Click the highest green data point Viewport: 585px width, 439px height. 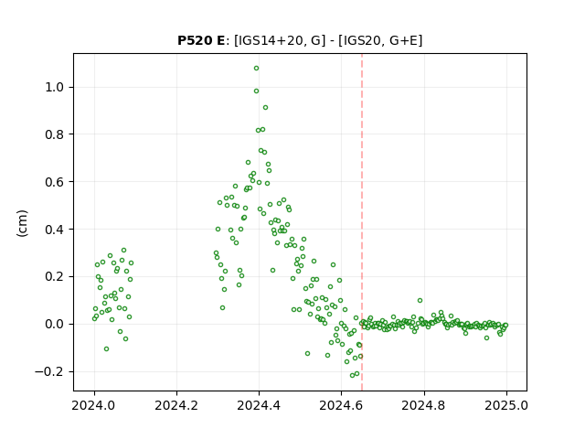pyautogui.click(x=256, y=69)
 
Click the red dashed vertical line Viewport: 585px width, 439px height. pyautogui.click(x=362, y=222)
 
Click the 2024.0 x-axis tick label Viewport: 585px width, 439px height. pyautogui.click(x=94, y=405)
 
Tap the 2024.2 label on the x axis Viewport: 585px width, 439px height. pyautogui.click(x=176, y=405)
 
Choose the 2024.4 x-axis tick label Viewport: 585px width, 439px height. pyautogui.click(x=259, y=405)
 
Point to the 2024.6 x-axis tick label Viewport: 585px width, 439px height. pyautogui.click(x=341, y=405)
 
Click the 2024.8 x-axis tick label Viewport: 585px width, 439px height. pyautogui.click(x=423, y=405)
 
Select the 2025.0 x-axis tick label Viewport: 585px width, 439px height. pyautogui.click(x=506, y=405)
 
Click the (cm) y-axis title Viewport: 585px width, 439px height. pyautogui.click(x=22, y=223)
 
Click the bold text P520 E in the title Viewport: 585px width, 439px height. pyautogui.click(x=201, y=40)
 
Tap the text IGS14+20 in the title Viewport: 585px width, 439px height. pyautogui.click(x=269, y=40)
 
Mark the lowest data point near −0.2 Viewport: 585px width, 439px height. pyautogui.click(x=352, y=375)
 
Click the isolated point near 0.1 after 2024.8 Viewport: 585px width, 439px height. pyautogui.click(x=420, y=301)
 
